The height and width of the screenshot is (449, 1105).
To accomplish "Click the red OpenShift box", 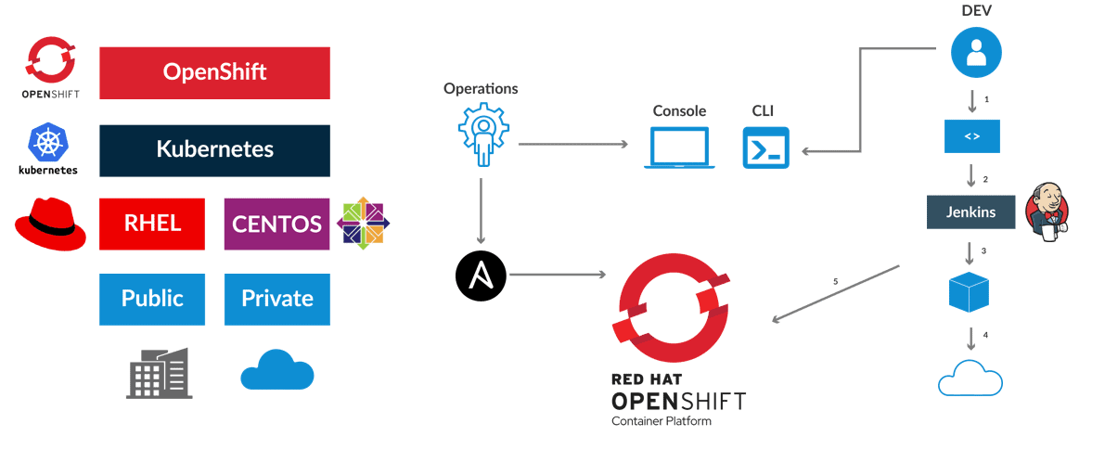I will (x=214, y=72).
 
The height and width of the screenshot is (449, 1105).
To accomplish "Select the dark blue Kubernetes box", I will (x=214, y=149).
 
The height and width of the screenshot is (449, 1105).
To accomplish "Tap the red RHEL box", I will (x=152, y=224).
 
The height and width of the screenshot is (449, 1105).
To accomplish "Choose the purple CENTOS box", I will (x=276, y=224).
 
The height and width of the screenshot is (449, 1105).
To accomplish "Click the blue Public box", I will (x=152, y=299).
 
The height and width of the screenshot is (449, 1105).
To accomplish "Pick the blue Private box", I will (x=276, y=299).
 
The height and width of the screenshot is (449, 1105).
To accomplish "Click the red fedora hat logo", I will (x=50, y=225).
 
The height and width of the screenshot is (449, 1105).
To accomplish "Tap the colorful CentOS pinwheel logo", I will (x=363, y=224).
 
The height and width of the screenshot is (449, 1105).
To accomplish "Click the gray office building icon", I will (x=158, y=374).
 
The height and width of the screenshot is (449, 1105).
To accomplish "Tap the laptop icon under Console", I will (x=679, y=148).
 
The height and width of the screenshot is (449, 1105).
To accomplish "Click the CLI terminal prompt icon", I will (x=765, y=148).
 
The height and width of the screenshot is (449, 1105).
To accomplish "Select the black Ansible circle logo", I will (x=481, y=275).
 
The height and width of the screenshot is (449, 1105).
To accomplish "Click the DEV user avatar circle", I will (x=975, y=52).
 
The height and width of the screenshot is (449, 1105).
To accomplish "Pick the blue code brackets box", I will (x=971, y=136).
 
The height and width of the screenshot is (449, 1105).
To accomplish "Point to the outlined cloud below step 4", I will (x=970, y=378).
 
